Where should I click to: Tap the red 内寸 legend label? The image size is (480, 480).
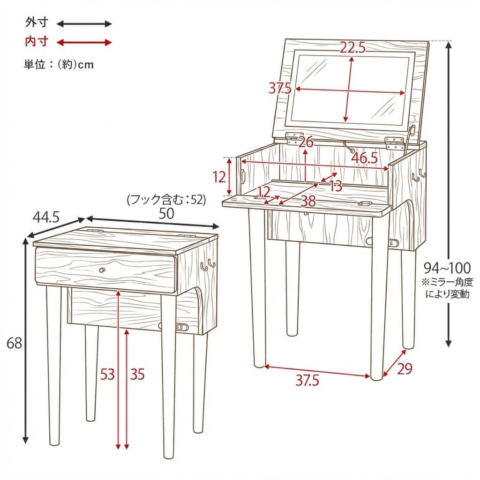tap(37, 42)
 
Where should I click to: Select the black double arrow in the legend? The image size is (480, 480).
tap(84, 23)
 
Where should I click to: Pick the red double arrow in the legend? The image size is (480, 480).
tap(84, 43)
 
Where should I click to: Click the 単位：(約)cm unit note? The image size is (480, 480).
tap(59, 65)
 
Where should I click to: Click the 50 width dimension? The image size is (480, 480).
tap(166, 214)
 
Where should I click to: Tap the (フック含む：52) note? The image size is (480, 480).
tap(166, 200)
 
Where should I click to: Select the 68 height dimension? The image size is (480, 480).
tap(15, 344)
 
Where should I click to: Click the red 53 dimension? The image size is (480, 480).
tap(107, 374)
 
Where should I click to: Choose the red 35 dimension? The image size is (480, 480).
tap(137, 374)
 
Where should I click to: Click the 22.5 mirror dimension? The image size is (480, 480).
tap(352, 47)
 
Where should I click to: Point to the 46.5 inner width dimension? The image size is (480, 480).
tap(364, 158)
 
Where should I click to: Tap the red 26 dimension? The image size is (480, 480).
tap(306, 142)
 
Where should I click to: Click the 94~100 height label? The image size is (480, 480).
tap(447, 268)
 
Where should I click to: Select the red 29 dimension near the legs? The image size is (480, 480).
tap(404, 369)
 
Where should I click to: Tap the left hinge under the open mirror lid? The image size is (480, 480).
tap(295, 137)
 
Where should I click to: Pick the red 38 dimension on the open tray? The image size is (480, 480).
tap(308, 201)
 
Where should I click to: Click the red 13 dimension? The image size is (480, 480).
tap(336, 186)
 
